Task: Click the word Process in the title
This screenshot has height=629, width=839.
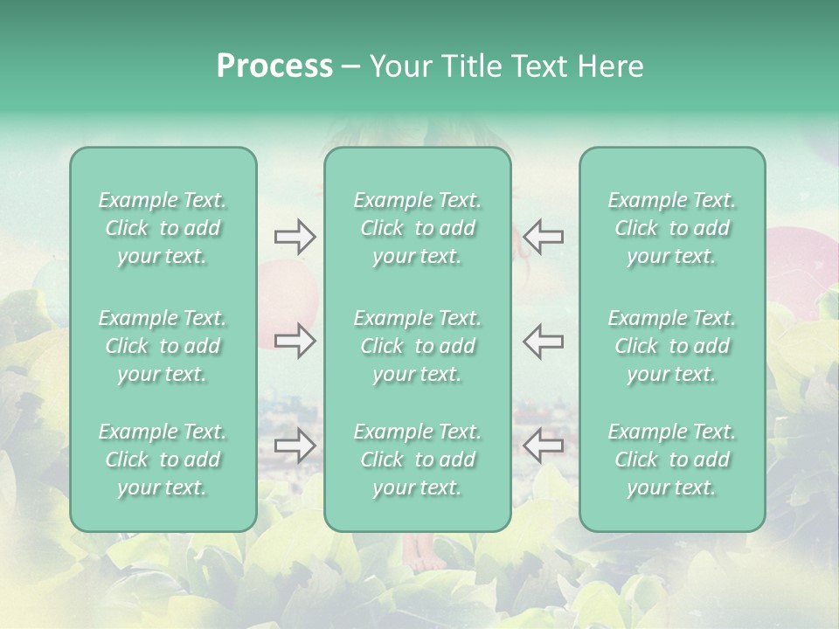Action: click(x=274, y=66)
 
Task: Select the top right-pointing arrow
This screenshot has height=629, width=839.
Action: click(x=295, y=237)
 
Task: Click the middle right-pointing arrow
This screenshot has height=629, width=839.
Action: click(x=295, y=341)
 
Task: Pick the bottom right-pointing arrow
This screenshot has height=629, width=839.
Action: click(x=295, y=446)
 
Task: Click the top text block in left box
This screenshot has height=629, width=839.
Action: click(x=163, y=228)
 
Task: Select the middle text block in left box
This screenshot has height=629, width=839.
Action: click(x=163, y=346)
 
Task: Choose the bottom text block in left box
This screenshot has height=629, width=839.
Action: click(x=163, y=460)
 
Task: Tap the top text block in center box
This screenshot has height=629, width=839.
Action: click(x=418, y=228)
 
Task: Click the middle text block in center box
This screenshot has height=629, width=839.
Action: click(x=418, y=346)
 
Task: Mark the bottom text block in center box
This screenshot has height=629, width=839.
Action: click(x=418, y=460)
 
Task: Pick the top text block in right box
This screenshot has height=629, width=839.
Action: click(x=672, y=228)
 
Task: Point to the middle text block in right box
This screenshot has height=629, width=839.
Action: click(x=672, y=346)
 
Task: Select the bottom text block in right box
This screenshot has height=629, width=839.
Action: click(x=672, y=460)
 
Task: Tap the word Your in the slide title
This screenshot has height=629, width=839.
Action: click(x=398, y=66)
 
